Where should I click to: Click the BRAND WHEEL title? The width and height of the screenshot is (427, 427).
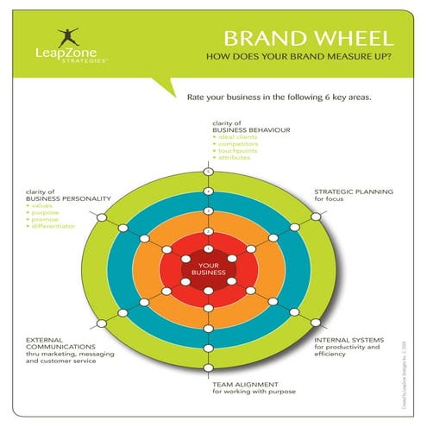tap(308, 39)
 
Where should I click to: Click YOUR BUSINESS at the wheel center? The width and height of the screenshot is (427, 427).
tap(209, 269)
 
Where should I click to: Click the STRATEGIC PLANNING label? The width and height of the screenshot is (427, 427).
tap(353, 192)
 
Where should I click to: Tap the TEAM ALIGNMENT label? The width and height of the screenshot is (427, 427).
tap(245, 384)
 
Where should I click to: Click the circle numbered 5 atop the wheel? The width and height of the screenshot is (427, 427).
tap(209, 171)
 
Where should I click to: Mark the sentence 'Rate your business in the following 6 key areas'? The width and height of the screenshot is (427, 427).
tap(279, 97)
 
